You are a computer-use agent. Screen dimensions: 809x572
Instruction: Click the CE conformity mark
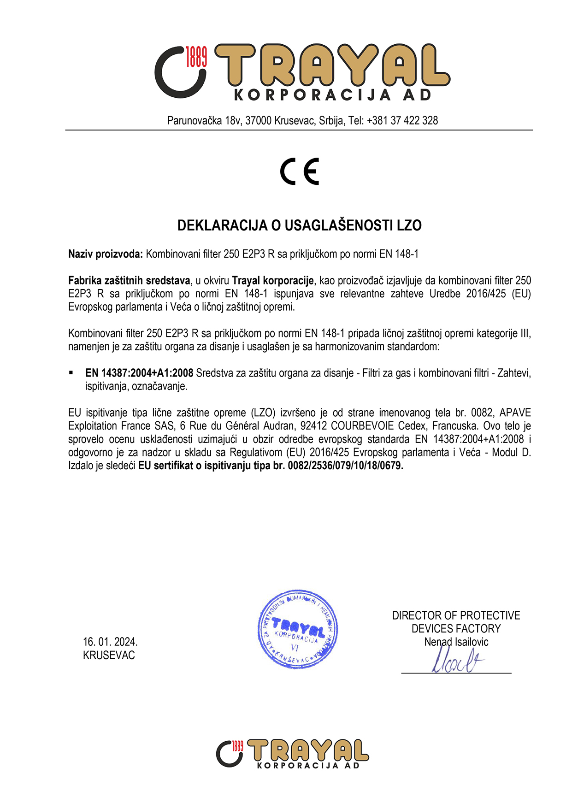(300, 171)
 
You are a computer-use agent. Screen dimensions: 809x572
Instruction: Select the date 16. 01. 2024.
(110, 642)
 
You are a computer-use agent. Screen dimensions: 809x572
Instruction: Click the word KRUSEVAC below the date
(109, 655)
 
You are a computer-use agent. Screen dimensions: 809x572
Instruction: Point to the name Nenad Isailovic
(456, 642)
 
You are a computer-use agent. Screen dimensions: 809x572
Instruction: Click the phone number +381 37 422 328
(402, 121)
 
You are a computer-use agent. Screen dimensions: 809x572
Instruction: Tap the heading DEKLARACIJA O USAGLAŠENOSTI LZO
(300, 225)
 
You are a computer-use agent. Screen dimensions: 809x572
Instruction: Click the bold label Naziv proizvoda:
(106, 254)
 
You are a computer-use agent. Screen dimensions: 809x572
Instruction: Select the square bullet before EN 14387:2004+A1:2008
(71, 372)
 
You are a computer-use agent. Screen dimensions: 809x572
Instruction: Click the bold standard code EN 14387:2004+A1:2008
(139, 373)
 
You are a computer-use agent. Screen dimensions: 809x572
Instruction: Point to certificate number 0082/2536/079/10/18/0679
(345, 466)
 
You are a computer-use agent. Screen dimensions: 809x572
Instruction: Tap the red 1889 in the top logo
(196, 57)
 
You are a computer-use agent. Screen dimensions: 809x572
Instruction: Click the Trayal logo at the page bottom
(292, 754)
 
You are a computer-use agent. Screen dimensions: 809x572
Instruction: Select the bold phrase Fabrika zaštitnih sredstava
(129, 280)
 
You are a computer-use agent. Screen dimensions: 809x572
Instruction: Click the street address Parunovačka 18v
(204, 121)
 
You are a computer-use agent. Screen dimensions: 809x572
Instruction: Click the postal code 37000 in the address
(258, 121)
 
